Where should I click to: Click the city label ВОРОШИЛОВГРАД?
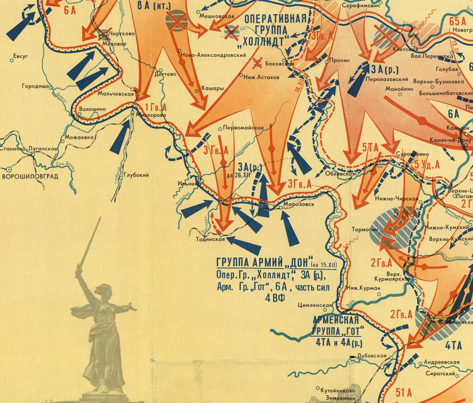pos(30,177)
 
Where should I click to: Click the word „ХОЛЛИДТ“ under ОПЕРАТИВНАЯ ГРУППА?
pos(267,40)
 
